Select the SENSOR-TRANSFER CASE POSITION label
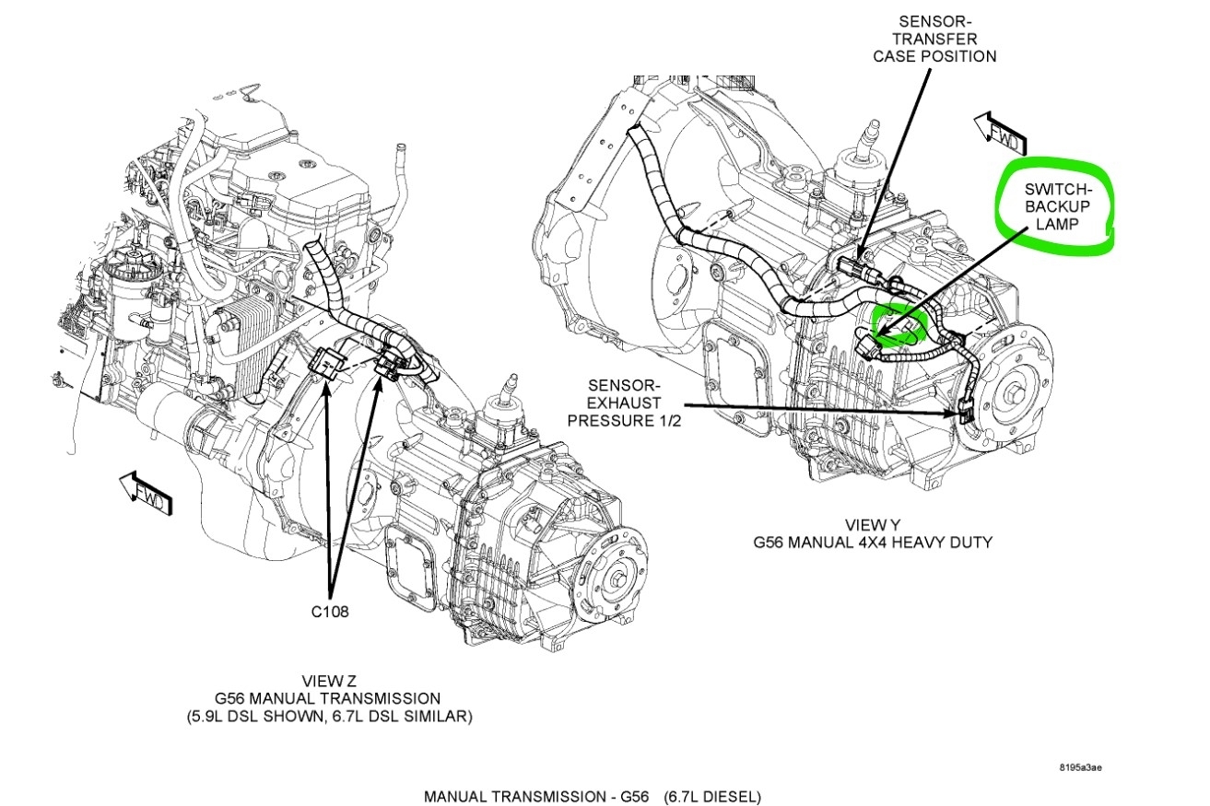coord(947,38)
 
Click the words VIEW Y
coord(871,524)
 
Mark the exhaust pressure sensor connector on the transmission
coord(965,415)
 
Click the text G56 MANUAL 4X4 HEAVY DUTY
coord(872,543)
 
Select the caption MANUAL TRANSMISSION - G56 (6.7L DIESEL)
coord(593,796)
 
